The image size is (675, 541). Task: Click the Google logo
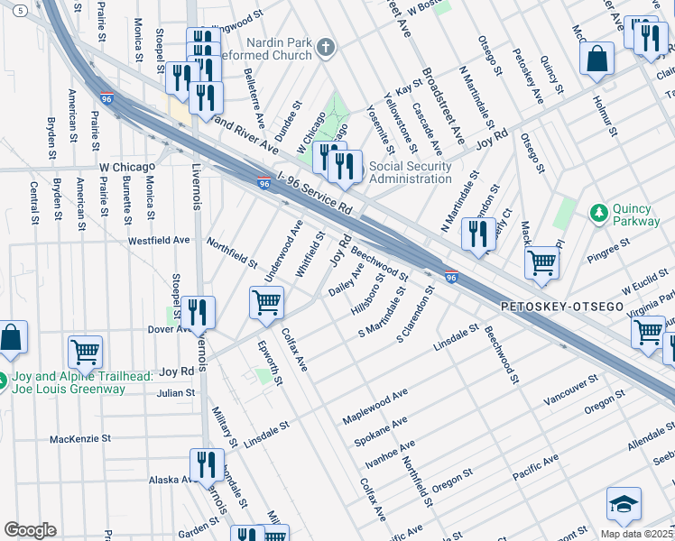pyautogui.click(x=30, y=530)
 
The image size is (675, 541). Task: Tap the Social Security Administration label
pyautogui.click(x=410, y=172)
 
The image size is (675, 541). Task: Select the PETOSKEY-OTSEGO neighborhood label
pyautogui.click(x=562, y=307)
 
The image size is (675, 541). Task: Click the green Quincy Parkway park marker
pyautogui.click(x=597, y=213)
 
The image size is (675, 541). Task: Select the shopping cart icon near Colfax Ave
pyautogui.click(x=266, y=303)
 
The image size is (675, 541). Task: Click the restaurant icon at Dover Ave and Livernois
pyautogui.click(x=198, y=312)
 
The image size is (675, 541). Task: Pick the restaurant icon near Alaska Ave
pyautogui.click(x=207, y=465)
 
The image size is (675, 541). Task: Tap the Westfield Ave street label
pyautogui.click(x=159, y=241)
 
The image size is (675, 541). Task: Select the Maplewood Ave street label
pyautogui.click(x=375, y=406)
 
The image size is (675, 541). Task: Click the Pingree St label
pyautogui.click(x=611, y=247)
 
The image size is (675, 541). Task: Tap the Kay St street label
pyautogui.click(x=409, y=88)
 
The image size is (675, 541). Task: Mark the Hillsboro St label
pyautogui.click(x=368, y=291)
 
